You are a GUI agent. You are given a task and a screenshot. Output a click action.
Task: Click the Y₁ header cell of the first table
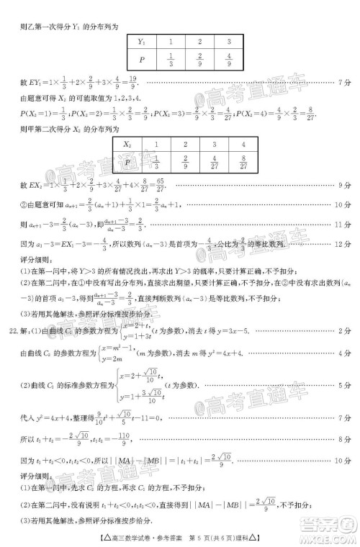click(x=143, y=42)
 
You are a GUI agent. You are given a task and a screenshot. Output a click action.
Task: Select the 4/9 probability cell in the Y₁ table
click(x=228, y=60)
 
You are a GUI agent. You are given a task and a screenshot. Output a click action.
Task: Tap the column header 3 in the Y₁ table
click(x=228, y=42)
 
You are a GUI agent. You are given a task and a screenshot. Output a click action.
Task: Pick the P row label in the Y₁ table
click(x=143, y=60)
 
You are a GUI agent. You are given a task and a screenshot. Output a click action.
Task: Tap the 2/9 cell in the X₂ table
click(x=184, y=163)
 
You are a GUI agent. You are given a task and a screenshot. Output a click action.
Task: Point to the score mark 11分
click(x=343, y=225)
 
